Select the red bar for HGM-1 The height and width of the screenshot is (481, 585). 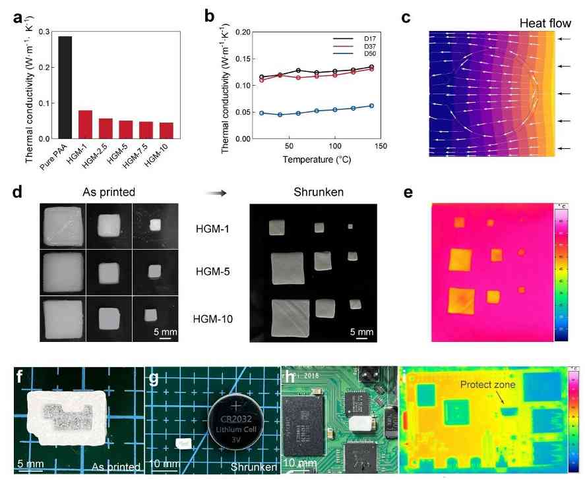coord(85,125)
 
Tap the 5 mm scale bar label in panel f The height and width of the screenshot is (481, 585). coord(30,464)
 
